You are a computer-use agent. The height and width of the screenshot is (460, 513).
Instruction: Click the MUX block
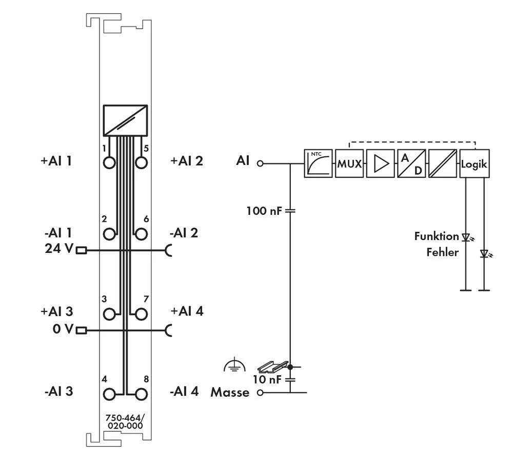pos(349,164)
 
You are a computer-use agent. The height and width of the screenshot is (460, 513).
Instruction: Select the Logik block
pos(475,164)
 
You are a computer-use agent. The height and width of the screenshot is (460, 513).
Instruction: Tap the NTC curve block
pos(318,164)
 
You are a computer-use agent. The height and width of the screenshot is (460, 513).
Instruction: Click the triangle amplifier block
pos(380,164)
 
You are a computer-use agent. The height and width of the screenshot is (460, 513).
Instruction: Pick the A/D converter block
pos(411,164)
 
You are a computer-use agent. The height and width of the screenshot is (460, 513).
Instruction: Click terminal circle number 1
pos(109,163)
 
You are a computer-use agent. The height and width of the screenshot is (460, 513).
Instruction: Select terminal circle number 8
pos(141,394)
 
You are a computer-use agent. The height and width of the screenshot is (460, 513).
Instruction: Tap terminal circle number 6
pos(141,234)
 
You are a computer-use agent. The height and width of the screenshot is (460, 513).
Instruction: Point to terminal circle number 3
pos(109,314)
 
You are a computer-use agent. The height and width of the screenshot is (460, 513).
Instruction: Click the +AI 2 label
pos(186,161)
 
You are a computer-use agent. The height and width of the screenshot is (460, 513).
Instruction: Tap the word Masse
pos(230,393)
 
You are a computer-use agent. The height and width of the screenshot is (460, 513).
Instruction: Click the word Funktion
pos(436,236)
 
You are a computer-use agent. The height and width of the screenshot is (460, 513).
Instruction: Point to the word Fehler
pos(442,252)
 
